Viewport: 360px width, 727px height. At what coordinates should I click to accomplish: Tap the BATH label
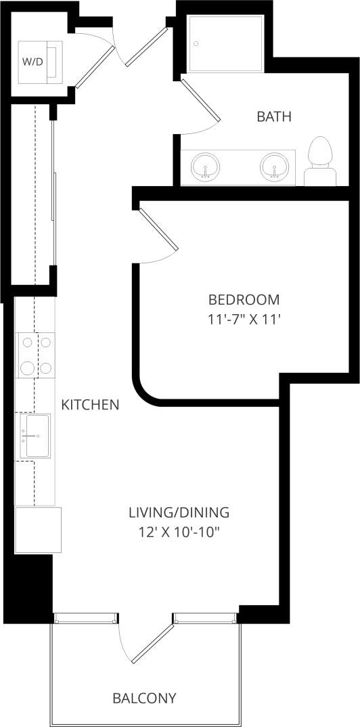274,116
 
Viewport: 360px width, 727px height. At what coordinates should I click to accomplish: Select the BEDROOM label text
244,299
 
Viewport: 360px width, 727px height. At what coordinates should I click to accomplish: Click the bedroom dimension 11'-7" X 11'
244,319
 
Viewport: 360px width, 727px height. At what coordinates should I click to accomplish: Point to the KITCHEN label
90,405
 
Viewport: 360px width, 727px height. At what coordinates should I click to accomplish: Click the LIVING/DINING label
179,512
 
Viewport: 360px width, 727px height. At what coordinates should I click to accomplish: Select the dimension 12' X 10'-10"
179,531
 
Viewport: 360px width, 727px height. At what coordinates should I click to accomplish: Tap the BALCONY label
144,698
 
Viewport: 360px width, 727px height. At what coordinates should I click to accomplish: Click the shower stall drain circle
196,44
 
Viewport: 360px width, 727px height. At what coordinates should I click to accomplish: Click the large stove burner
28,368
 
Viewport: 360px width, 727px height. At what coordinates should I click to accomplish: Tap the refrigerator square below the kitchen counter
38,529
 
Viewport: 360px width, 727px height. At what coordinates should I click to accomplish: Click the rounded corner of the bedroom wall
145,392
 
